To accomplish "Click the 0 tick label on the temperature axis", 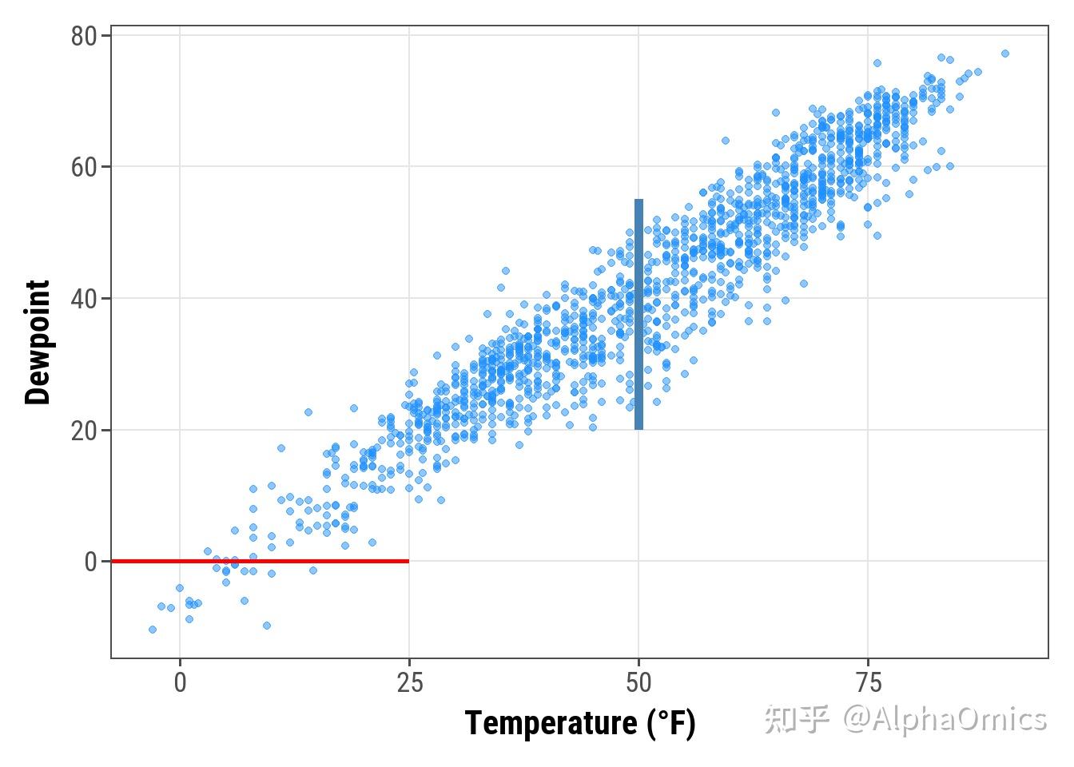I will pyautogui.click(x=180, y=683).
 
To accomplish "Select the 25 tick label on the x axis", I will pyautogui.click(x=409, y=683).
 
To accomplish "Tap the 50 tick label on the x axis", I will pyautogui.click(x=638, y=683).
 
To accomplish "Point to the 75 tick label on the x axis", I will pyautogui.click(x=868, y=683).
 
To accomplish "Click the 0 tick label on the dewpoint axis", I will pyautogui.click(x=90, y=562).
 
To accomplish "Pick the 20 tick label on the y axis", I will pyautogui.click(x=84, y=431).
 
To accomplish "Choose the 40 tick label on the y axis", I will pyautogui.click(x=84, y=299).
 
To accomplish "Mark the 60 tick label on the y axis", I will pyautogui.click(x=84, y=168).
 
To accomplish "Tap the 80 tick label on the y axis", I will pyautogui.click(x=84, y=37).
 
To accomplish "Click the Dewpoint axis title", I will pyautogui.click(x=38, y=342).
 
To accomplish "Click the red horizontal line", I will pyautogui.click(x=260, y=561).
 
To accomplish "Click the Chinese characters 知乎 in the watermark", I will pyautogui.click(x=796, y=719).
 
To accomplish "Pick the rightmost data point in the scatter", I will pyautogui.click(x=1005, y=54).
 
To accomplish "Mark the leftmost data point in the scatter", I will pyautogui.click(x=153, y=630).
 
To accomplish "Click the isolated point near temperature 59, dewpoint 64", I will pyautogui.click(x=726, y=141).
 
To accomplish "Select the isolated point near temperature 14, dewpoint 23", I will pyautogui.click(x=308, y=412).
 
